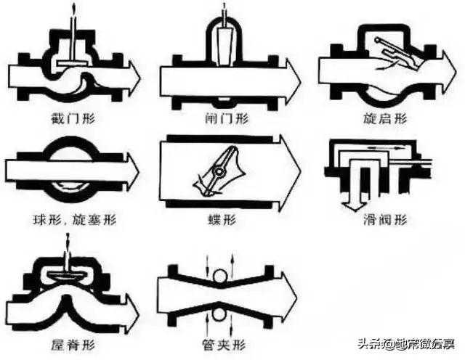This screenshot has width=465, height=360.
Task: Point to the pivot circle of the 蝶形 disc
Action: (217, 171)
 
